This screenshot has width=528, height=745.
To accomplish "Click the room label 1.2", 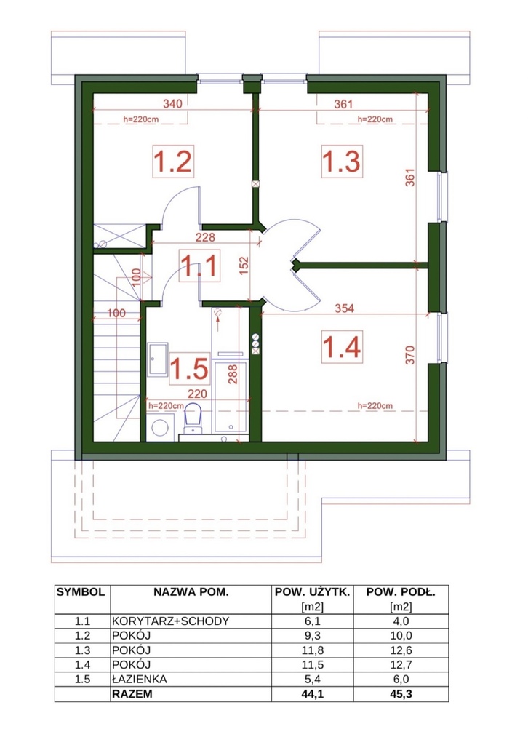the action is [173, 161].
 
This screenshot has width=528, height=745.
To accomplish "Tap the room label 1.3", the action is [341, 161].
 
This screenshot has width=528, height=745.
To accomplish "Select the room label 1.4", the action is [342, 346].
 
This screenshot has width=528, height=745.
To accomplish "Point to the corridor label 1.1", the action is [199, 265].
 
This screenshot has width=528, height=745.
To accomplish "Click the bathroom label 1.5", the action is [189, 369].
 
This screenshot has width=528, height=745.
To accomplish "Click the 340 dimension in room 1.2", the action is [172, 103].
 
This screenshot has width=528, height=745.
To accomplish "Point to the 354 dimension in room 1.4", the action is [344, 308].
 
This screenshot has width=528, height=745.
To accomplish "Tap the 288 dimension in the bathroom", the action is [233, 374].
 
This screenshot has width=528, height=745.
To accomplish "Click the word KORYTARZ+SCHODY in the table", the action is [170, 621].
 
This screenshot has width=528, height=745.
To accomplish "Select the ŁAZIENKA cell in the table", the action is [140, 679].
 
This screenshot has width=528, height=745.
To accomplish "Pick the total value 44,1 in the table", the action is [313, 693].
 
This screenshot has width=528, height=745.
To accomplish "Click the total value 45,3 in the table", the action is [401, 693].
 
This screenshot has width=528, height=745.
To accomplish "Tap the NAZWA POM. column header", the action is [191, 592].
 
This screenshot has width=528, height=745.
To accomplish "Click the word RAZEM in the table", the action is [132, 693].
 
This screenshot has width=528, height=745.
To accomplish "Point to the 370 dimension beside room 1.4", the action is [410, 355].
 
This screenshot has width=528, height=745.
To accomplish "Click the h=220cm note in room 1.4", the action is [375, 406].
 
